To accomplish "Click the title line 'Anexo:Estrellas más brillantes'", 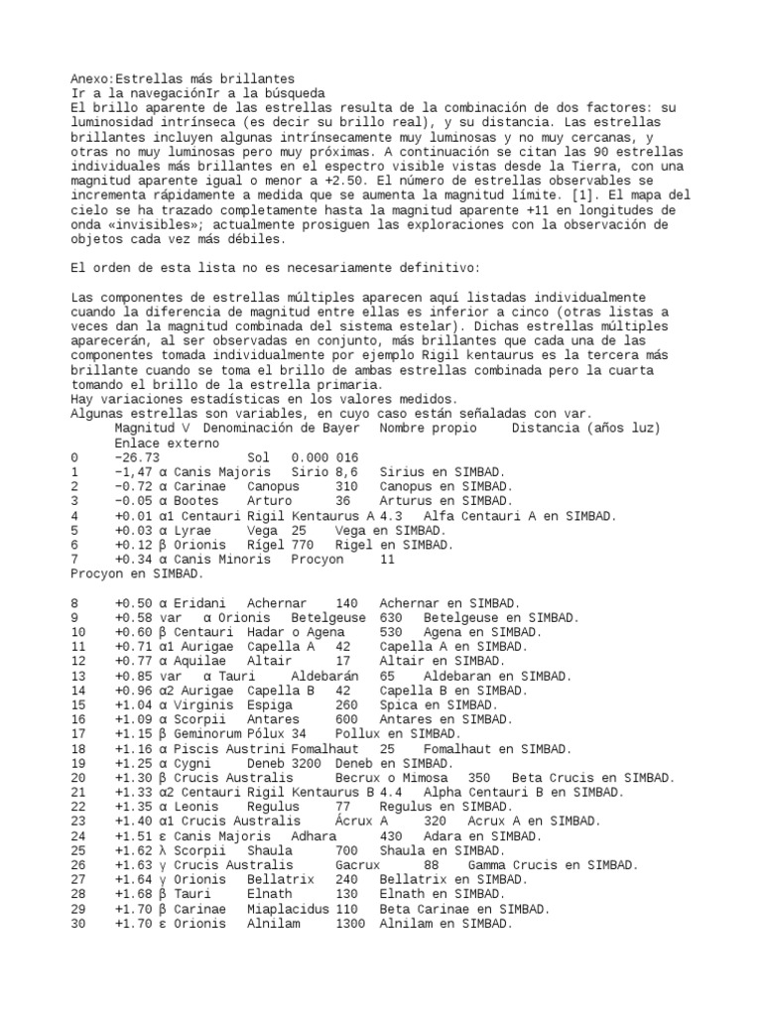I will point(183,78).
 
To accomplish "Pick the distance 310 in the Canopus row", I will point(346,486).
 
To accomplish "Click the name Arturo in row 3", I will point(269,501).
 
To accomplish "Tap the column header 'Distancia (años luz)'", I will point(586,428).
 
